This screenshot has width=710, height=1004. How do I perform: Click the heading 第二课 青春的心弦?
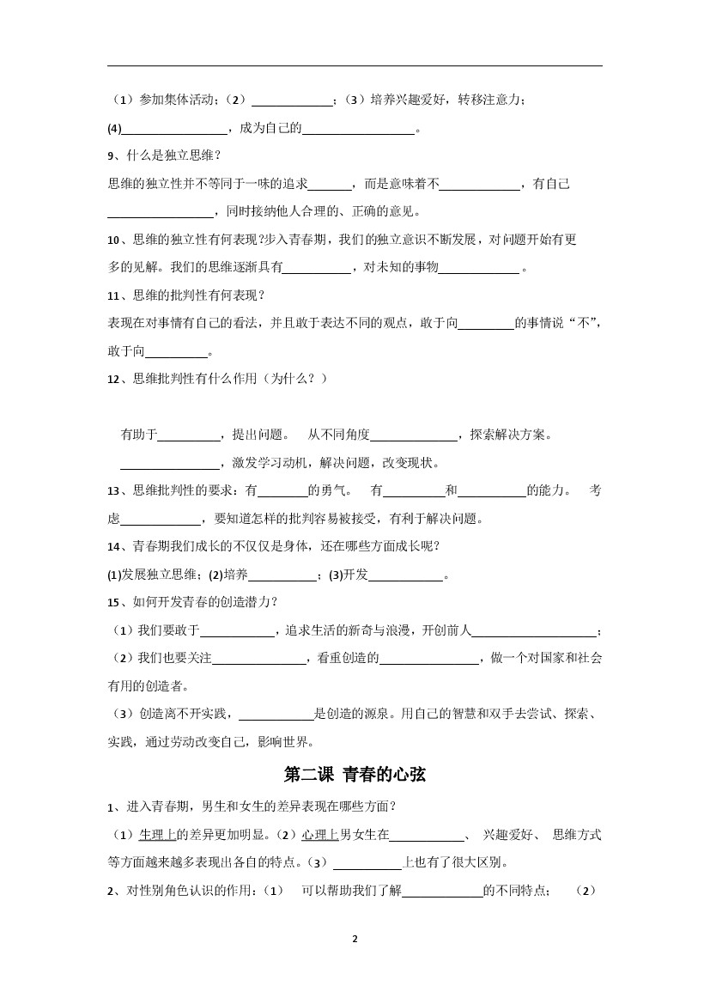[x=355, y=775]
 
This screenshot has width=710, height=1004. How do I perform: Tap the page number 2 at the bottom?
[x=355, y=939]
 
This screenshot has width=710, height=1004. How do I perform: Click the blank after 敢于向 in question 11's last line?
[x=177, y=351]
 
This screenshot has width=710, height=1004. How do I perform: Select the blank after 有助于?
[x=189, y=435]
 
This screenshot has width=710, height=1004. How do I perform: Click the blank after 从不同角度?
[x=414, y=435]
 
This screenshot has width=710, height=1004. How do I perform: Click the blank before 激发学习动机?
[x=169, y=464]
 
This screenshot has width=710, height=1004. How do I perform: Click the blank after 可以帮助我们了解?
[x=441, y=891]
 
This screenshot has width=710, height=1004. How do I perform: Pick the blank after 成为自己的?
[x=358, y=129]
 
